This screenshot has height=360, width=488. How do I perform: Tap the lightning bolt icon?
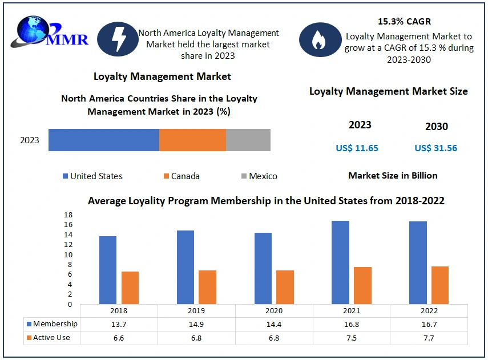tap(116, 39)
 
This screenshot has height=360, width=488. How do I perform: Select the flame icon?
tap(318, 39)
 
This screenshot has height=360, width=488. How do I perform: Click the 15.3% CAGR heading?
tap(404, 22)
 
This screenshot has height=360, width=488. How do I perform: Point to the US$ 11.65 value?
tap(357, 148)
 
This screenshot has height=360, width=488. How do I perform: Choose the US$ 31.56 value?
tap(435, 148)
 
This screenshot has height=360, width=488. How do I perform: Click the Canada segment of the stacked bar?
tap(192, 140)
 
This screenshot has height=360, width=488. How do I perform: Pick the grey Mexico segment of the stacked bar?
tap(248, 140)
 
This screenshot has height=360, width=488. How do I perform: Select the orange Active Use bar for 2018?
tap(130, 288)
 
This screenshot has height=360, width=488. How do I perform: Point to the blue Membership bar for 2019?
tap(185, 267)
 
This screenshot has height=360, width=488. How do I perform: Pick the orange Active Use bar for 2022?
tap(440, 285)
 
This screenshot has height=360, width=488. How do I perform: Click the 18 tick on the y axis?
tap(67, 215)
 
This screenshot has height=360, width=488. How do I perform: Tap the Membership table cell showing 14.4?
tap(274, 324)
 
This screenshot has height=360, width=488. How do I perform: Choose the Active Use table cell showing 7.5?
tap(352, 338)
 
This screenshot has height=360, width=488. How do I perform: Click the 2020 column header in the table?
tap(274, 311)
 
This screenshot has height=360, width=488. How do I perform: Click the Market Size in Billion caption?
tap(393, 176)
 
